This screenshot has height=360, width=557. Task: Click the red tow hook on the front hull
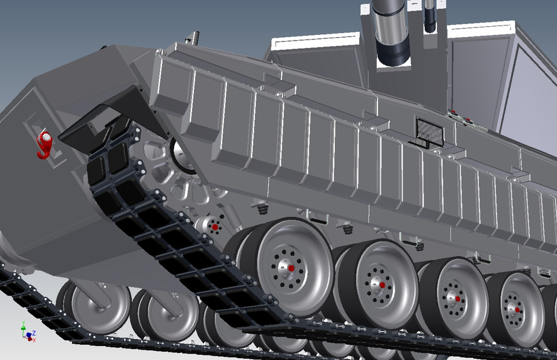44,144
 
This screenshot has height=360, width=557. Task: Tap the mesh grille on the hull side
430,132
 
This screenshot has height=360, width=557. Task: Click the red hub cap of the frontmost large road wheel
291,268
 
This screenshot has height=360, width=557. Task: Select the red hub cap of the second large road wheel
382,285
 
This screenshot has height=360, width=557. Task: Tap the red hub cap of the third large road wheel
458,299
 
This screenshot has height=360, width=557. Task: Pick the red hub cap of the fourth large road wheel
517,310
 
